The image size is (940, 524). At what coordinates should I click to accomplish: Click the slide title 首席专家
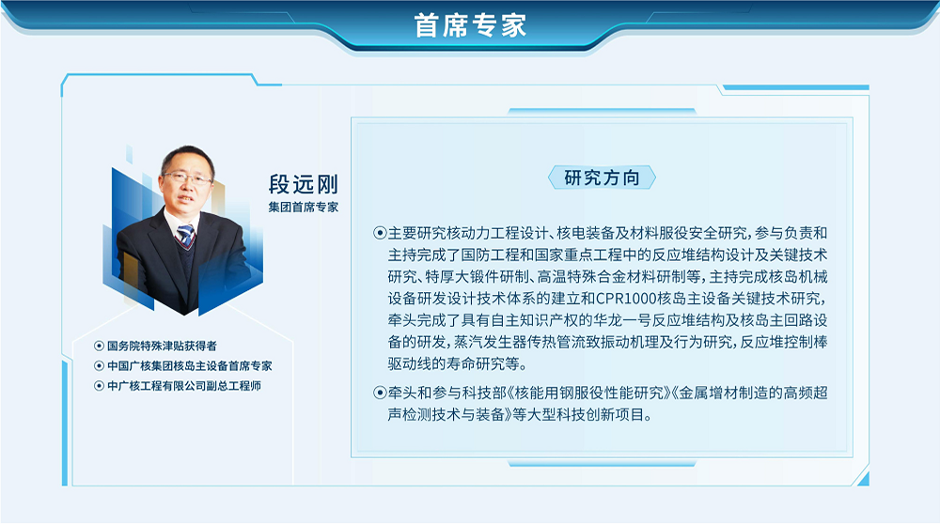470,25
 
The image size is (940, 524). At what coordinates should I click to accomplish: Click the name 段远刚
304,184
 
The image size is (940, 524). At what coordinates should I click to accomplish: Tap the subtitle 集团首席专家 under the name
304,208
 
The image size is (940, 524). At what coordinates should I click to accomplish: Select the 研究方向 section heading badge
602,177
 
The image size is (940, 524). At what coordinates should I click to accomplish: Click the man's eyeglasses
187,177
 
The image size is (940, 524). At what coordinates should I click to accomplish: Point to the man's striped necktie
185,234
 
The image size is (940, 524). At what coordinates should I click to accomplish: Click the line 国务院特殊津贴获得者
162,346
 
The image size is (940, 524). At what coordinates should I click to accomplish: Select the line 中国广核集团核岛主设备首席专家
190,365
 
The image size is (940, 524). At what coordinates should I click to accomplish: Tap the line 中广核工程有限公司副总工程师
184,386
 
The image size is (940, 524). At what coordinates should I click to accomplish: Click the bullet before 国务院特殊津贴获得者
99,346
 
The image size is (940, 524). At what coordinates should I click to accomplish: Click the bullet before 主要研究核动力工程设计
380,233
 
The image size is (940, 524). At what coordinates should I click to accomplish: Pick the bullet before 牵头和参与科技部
380,393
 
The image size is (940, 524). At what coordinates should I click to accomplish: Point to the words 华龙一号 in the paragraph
622,320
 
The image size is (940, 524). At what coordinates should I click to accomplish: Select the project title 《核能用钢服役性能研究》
589,393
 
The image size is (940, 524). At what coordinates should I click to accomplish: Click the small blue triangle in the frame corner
863,479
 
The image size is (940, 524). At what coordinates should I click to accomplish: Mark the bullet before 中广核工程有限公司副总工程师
99,386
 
